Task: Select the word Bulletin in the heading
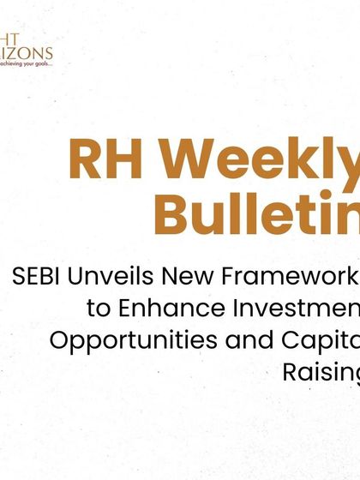pos(257,213)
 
